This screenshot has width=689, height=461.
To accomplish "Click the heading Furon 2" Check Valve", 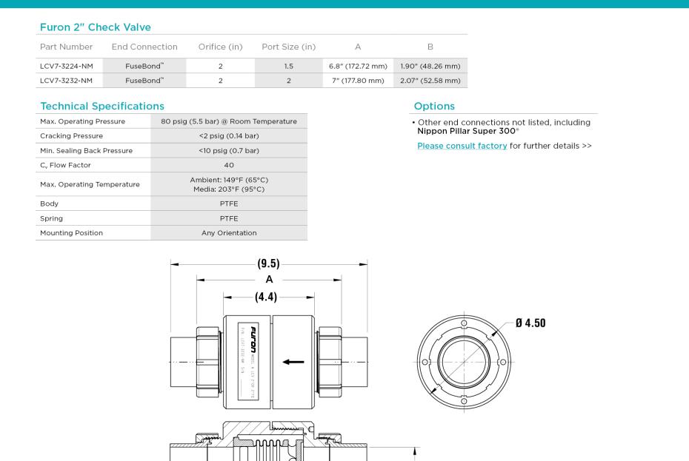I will (95, 27).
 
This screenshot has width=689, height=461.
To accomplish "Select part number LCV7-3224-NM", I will (66, 66).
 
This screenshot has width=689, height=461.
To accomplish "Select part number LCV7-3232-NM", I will (66, 81).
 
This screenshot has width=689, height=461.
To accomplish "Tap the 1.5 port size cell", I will (289, 66).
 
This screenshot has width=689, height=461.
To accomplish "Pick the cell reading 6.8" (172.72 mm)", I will (358, 66).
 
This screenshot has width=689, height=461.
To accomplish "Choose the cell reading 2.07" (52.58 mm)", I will (430, 81).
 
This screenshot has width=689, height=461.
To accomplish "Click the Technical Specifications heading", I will (102, 107).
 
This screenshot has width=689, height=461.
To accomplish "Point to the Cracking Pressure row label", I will (72, 136).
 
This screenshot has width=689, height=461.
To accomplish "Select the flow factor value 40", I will (229, 165).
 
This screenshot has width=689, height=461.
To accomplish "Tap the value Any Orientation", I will (229, 233).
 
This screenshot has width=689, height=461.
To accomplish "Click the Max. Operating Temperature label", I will (90, 184).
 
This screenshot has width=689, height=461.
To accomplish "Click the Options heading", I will (435, 107).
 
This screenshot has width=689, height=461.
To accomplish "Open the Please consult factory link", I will (462, 146).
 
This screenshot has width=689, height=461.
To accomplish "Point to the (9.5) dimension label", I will (269, 263).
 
